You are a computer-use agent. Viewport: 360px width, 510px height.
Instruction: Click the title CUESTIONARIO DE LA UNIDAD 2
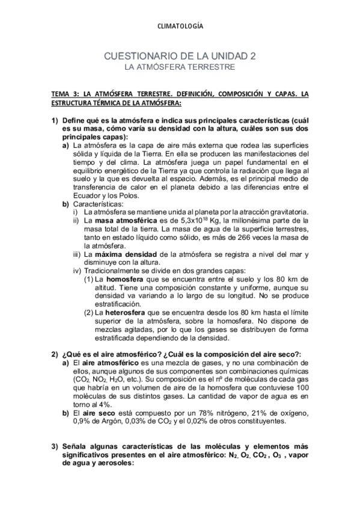pos(180,57)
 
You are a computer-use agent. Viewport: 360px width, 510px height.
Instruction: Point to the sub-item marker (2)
pos(88,313)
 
